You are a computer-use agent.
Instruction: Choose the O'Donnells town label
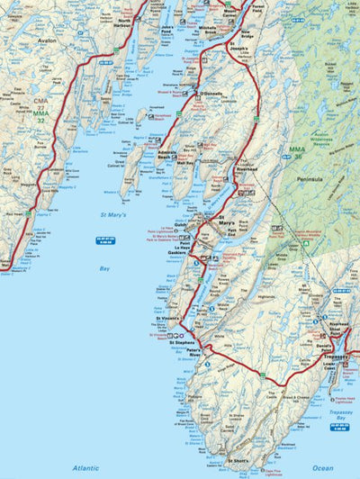tap(211, 93)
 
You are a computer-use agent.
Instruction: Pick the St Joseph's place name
tap(238, 45)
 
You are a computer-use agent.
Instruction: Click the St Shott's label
tap(238, 461)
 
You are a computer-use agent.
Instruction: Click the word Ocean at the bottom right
tap(322, 468)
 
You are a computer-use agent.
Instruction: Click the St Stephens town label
tap(182, 343)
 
